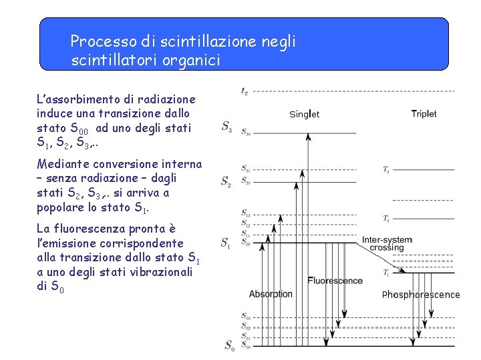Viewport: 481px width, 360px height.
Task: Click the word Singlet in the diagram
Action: point(304,114)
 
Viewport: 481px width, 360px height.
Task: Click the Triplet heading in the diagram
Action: point(424,113)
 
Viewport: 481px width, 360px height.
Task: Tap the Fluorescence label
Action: point(335,281)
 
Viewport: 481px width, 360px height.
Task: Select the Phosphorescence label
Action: point(421,294)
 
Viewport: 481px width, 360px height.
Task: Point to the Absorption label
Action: point(271,293)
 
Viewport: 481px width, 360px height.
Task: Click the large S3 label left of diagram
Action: point(227,125)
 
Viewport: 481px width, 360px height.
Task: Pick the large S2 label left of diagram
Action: point(227,181)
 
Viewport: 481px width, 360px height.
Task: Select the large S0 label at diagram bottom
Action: point(229,345)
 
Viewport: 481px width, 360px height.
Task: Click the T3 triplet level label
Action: point(386,170)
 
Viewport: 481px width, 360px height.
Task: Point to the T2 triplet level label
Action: point(386,219)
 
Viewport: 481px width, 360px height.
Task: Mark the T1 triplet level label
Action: point(386,272)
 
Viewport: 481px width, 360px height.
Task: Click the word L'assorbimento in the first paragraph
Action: point(75,99)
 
